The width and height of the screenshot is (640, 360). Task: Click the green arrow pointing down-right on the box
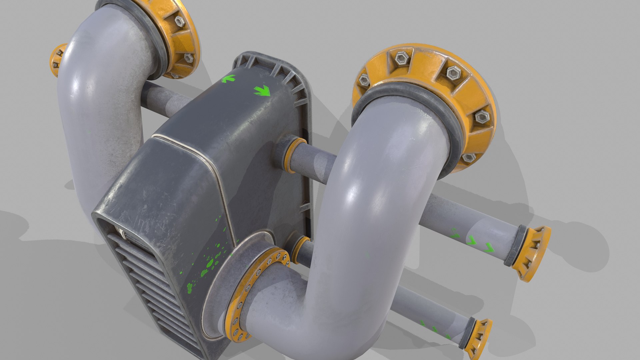pos(262,91)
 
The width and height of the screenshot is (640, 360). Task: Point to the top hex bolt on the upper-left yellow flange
pos(180,22)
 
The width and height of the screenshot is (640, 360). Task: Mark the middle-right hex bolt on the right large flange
pos(482,117)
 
